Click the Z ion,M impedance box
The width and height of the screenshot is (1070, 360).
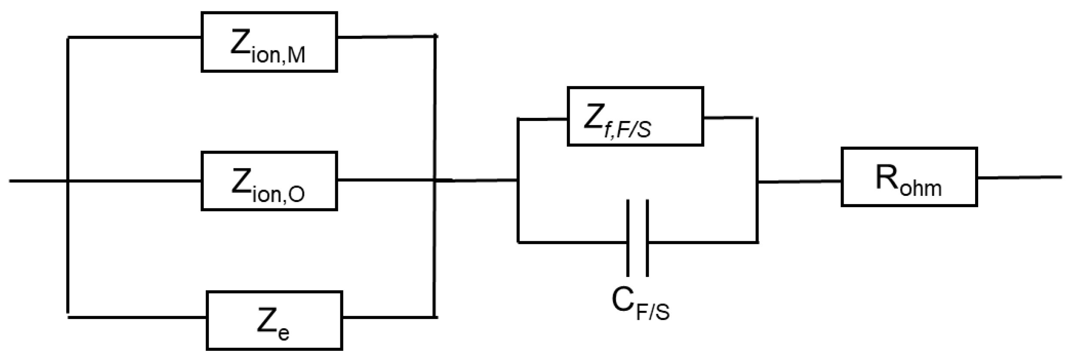[269, 42]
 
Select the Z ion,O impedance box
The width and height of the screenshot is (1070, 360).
[269, 181]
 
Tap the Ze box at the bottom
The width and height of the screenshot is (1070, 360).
[274, 320]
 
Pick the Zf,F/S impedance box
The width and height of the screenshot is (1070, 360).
[635, 116]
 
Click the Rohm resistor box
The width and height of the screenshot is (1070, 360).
[909, 177]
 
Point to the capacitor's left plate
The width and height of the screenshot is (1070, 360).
[628, 238]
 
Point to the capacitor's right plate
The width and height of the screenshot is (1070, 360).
[647, 238]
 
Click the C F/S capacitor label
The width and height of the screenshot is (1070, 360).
[640, 305]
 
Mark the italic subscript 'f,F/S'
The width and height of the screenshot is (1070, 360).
[628, 129]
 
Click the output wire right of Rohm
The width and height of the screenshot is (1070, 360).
[1019, 177]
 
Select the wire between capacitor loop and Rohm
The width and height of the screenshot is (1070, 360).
[799, 182]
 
